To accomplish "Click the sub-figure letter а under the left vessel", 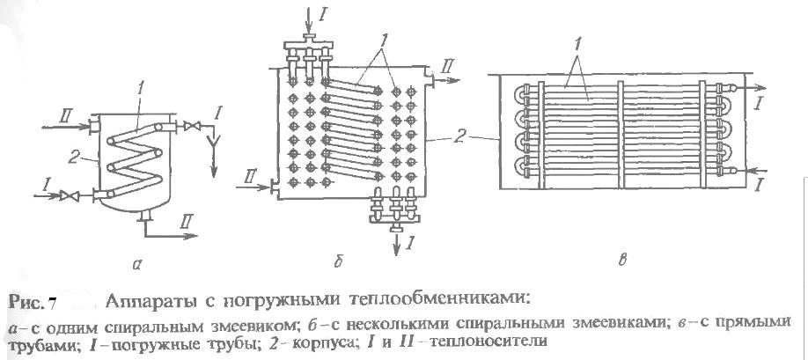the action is point(136,264).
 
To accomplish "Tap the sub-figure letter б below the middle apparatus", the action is point(338,262).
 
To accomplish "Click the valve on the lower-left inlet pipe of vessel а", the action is point(68,195).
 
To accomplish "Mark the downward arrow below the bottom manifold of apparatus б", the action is point(396,244).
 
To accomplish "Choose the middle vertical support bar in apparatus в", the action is point(621,135).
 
